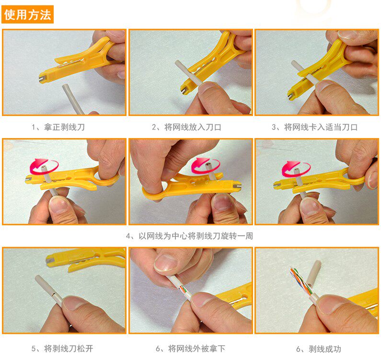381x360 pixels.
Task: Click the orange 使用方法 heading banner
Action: tap(27, 14)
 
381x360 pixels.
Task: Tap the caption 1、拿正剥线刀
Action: tap(58, 127)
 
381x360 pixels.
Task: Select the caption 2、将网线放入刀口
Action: tap(186, 127)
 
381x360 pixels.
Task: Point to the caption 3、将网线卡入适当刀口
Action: tap(314, 127)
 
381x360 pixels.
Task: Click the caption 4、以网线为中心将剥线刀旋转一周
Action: tap(189, 236)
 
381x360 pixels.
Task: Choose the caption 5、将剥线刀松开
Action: tap(62, 348)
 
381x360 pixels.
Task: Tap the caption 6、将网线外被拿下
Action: tap(191, 348)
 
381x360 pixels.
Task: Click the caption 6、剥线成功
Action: tap(319, 349)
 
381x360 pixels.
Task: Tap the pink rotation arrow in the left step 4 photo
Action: tap(44, 166)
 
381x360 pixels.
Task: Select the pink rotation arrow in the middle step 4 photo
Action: tap(205, 165)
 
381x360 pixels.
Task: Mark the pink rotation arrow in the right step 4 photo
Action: tap(296, 168)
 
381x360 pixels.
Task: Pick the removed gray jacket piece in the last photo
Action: tap(313, 273)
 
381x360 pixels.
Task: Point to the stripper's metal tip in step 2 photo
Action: tap(184, 91)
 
